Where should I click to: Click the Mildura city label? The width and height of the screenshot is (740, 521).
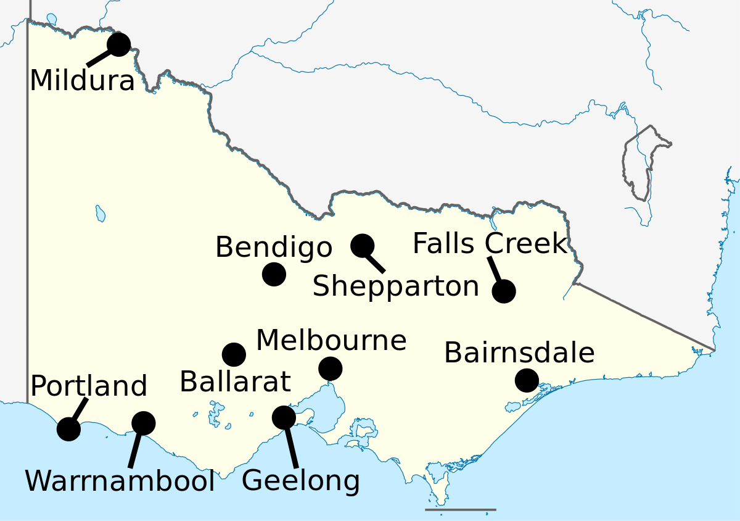(x=82, y=81)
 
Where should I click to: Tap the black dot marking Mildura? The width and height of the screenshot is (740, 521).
(x=118, y=44)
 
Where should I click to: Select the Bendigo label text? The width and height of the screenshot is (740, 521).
(x=273, y=248)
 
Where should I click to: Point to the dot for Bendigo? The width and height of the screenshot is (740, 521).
(x=274, y=274)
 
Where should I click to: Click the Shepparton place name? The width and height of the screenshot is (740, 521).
(x=395, y=286)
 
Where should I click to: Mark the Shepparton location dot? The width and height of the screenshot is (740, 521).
(x=362, y=246)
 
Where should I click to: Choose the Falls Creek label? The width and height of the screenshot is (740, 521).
(x=489, y=244)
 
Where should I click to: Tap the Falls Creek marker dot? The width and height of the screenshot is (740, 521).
(x=504, y=291)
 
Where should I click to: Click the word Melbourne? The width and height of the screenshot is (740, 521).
(x=331, y=341)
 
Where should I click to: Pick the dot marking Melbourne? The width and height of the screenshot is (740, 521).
(x=331, y=369)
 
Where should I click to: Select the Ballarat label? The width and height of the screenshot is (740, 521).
(x=235, y=382)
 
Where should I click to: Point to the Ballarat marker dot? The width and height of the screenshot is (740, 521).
(x=234, y=354)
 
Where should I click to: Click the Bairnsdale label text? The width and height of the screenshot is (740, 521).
(x=519, y=353)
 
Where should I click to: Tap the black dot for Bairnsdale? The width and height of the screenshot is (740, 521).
(x=527, y=380)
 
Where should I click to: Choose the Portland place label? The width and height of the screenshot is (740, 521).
(x=89, y=386)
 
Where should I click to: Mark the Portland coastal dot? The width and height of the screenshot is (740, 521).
(x=68, y=428)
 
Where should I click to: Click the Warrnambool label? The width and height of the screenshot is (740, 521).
(x=120, y=481)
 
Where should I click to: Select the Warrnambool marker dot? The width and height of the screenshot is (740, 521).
(x=144, y=423)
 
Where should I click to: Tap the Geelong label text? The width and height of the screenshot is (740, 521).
(x=300, y=481)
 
